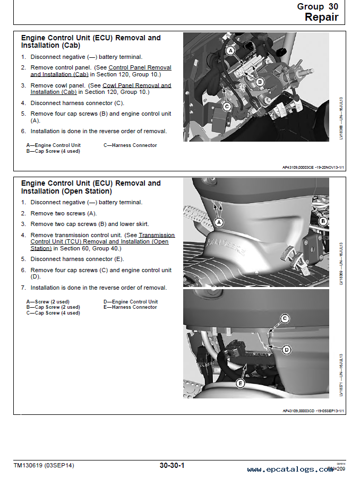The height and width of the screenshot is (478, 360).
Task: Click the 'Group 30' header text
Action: (318, 6)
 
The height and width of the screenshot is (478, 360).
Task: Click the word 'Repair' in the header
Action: (321, 17)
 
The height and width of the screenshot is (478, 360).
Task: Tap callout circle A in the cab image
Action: (230, 50)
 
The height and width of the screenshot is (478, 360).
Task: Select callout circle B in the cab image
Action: (260, 82)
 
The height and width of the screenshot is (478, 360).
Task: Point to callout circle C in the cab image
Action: (227, 106)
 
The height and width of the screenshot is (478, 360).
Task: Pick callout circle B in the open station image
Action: (322, 221)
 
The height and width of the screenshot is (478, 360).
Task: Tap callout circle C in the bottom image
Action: (285, 318)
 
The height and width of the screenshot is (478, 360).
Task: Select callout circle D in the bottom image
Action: (286, 350)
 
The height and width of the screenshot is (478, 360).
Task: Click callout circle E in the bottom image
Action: (241, 383)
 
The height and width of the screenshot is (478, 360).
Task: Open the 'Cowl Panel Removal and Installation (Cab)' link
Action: (136, 85)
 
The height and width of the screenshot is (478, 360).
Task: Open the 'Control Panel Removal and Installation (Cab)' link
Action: (140, 67)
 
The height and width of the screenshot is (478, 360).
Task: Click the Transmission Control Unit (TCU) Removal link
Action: (157, 235)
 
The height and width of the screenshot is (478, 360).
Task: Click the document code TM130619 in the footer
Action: (44, 466)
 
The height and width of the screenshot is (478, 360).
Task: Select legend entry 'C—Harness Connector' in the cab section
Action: (130, 145)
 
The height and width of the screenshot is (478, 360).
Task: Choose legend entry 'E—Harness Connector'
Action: (130, 307)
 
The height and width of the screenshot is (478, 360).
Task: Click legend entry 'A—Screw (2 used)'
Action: (48, 302)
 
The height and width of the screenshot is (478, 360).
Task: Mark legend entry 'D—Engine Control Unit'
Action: (130, 302)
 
